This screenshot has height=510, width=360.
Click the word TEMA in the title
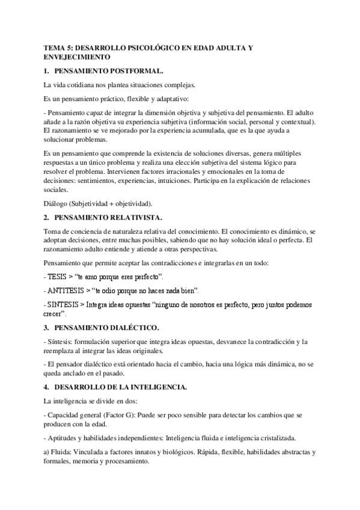[x=55, y=48]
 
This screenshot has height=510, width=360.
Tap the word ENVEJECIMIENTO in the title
[x=78, y=57]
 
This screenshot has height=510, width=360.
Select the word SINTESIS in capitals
[x=65, y=305]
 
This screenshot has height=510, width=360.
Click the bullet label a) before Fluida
[x=47, y=452]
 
